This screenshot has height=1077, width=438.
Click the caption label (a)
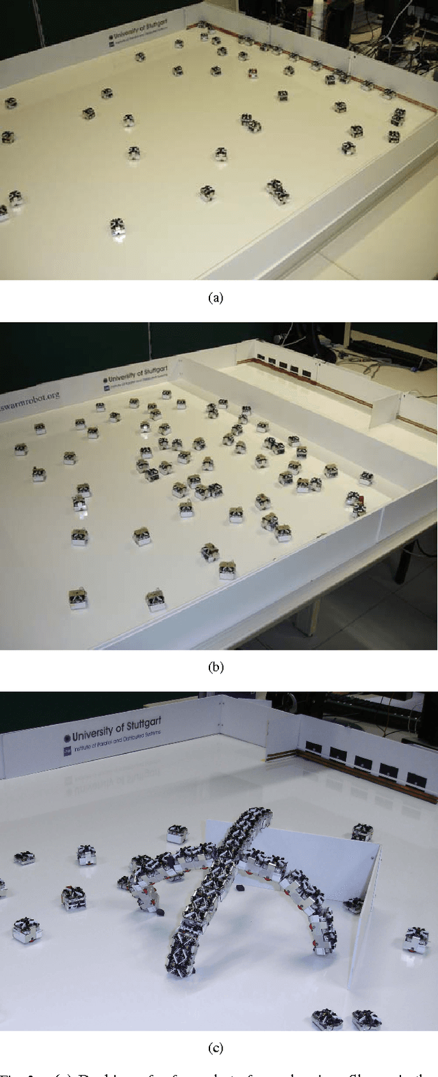[x=215, y=297]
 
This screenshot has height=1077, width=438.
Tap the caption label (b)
[x=215, y=667]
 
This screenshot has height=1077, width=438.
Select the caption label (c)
[x=215, y=1048]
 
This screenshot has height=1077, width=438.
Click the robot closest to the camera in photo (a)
[x=118, y=227]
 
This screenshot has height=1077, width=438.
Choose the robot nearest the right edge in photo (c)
[x=416, y=938]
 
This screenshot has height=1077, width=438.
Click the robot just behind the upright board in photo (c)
[x=361, y=832]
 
